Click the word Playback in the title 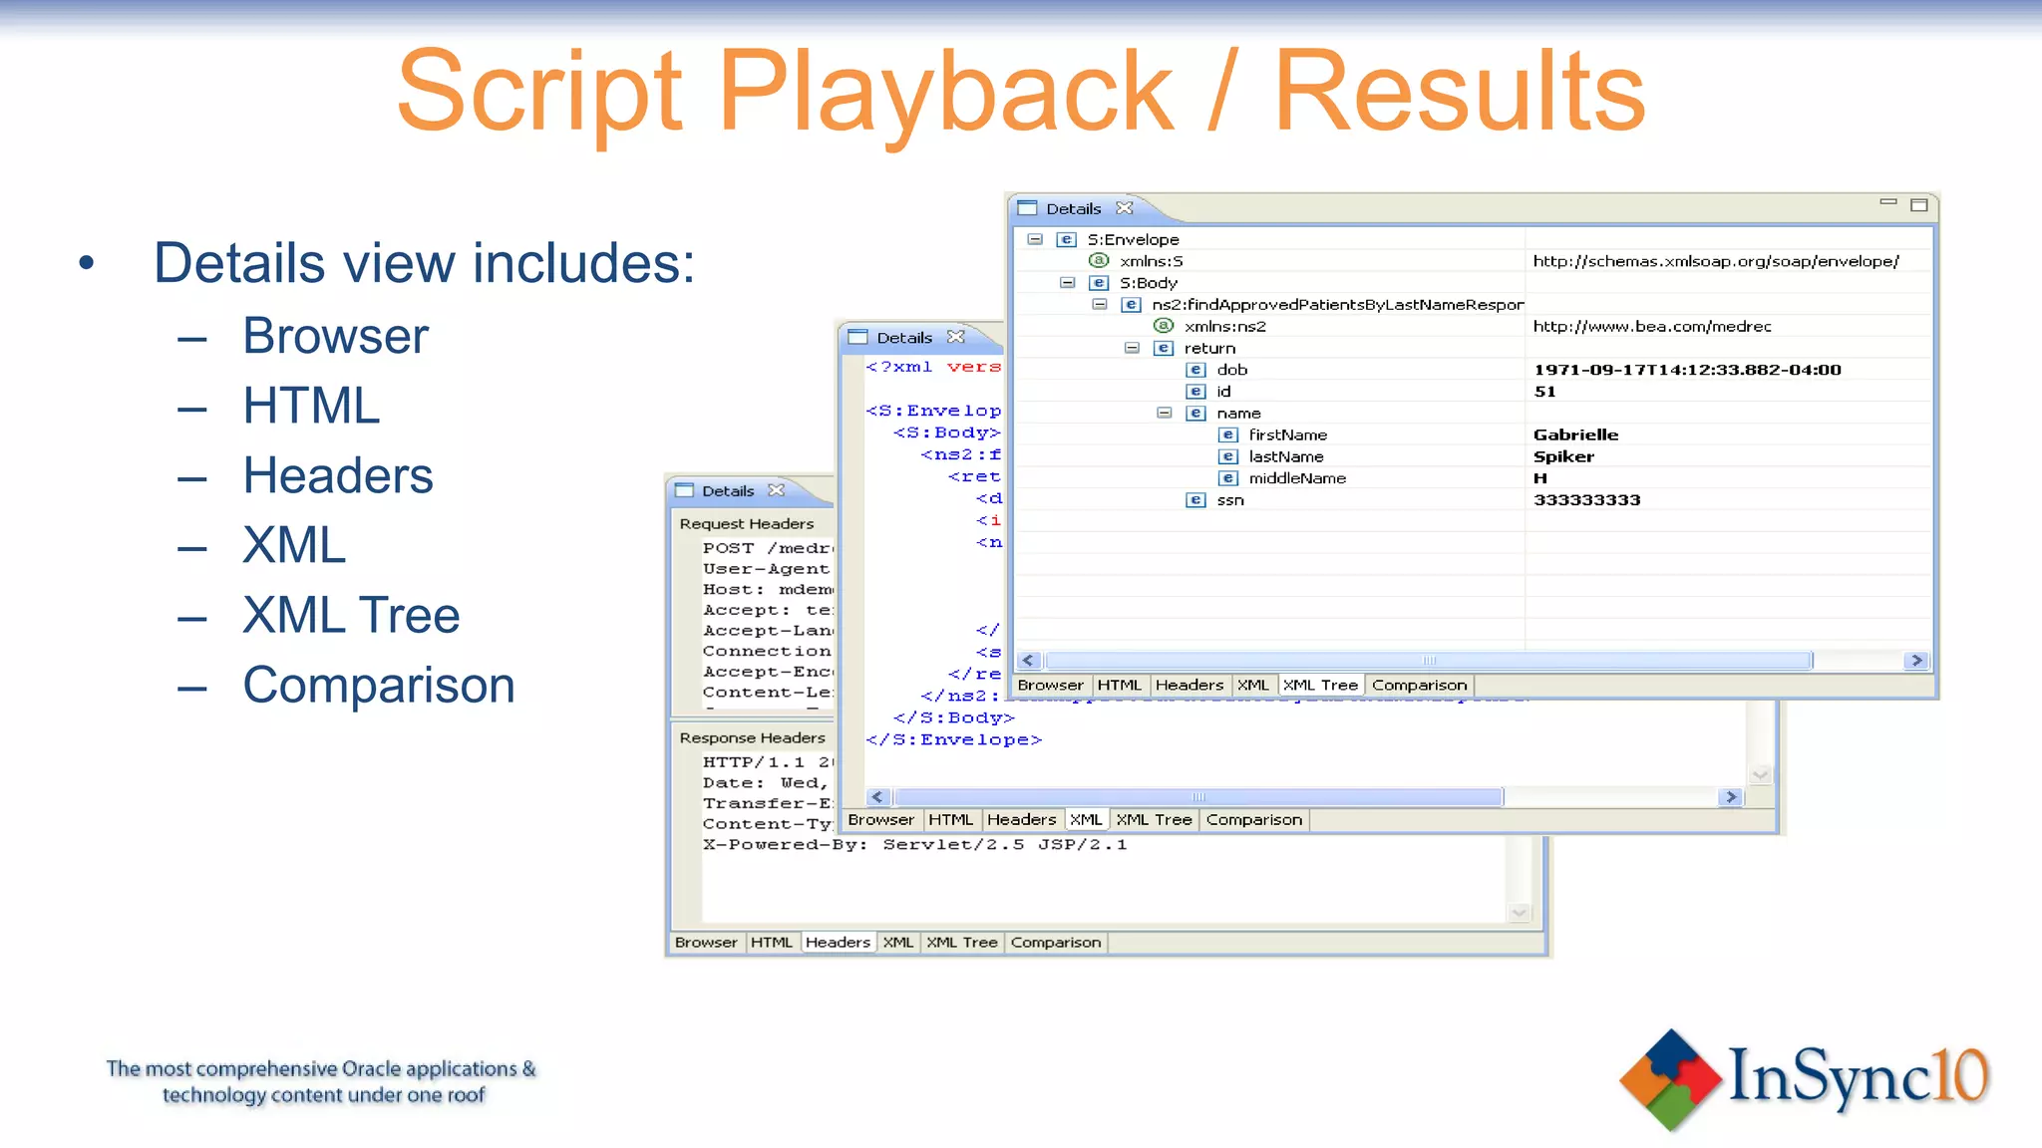click(x=945, y=92)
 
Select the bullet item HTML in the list click(x=311, y=406)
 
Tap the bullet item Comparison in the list click(x=379, y=686)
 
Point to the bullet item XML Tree click(x=351, y=615)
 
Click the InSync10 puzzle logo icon click(x=1670, y=1079)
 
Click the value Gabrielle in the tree click(x=1575, y=434)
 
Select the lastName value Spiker click(x=1563, y=456)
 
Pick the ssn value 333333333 click(x=1586, y=500)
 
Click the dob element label click(x=1231, y=370)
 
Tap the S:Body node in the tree click(x=1148, y=283)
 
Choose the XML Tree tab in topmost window click(x=1320, y=686)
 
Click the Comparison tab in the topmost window click(x=1419, y=686)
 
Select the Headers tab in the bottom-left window click(x=838, y=943)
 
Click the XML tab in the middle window click(x=1086, y=820)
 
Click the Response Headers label click(x=752, y=738)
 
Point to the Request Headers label click(x=746, y=524)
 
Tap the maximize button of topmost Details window click(x=1918, y=205)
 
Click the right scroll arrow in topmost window click(x=1915, y=661)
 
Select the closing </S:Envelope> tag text click(x=953, y=739)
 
